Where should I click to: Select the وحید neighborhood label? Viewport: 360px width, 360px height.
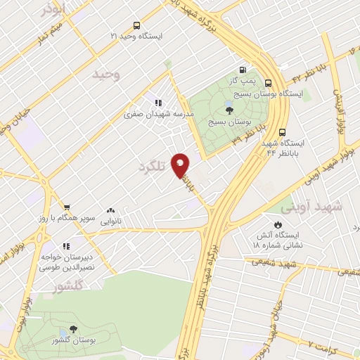point(112,75)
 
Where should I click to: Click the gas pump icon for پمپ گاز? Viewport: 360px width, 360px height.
point(243,70)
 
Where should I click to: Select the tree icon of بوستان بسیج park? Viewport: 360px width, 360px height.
point(229,109)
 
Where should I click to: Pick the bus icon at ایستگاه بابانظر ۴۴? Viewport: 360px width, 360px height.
point(282,131)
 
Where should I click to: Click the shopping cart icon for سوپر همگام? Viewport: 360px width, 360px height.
point(66,207)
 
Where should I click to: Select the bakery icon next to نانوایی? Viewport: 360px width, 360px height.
point(110,210)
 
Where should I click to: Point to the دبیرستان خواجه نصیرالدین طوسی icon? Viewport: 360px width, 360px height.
point(65,246)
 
